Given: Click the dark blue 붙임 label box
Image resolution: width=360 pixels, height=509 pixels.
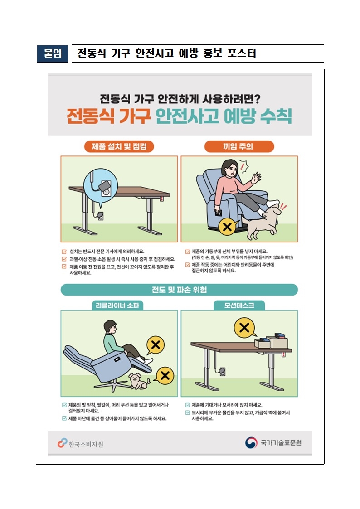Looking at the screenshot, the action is click(x=52, y=53).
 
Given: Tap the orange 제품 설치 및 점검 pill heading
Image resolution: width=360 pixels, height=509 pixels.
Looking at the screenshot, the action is click(x=119, y=146).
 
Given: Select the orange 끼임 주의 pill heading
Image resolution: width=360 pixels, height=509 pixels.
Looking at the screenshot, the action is click(x=239, y=146).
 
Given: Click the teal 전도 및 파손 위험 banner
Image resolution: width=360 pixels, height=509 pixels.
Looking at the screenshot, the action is click(x=179, y=290).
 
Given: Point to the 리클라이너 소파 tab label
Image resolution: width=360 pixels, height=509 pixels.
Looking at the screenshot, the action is click(x=117, y=305).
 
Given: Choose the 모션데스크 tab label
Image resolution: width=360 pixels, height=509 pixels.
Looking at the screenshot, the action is click(x=239, y=305).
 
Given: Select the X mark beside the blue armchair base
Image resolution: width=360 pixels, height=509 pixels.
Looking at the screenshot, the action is click(x=227, y=226).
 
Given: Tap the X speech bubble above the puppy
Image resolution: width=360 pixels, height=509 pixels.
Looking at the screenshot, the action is click(x=165, y=376).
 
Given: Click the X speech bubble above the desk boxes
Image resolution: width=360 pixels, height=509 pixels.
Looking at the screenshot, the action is click(x=245, y=328).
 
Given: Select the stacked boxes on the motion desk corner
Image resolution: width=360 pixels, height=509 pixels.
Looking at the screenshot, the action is click(x=272, y=341).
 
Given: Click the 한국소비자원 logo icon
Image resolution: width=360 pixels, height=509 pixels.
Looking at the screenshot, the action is click(x=62, y=443).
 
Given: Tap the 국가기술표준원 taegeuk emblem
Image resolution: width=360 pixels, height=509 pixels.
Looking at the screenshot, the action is click(x=251, y=442).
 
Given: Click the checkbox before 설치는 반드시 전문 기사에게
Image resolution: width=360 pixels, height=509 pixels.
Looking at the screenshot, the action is click(x=64, y=252).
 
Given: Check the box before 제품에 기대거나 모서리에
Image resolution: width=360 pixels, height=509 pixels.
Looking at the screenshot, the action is click(x=187, y=405).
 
